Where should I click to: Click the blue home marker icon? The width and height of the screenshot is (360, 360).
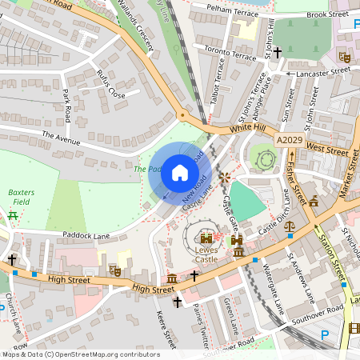click(180, 173)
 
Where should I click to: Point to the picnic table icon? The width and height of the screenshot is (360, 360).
click(12, 215)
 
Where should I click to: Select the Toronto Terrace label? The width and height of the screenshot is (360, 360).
click(230, 53)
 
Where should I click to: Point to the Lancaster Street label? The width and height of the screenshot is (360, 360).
click(324, 70)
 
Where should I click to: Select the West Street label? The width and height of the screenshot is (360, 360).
click(327, 150)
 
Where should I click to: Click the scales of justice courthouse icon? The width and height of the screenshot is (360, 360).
click(290, 226)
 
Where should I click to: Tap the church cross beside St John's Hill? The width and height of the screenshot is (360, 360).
click(278, 53)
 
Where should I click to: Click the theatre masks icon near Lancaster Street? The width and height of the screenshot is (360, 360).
click(345, 57)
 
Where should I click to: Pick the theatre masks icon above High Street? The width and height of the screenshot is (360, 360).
click(115, 272)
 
